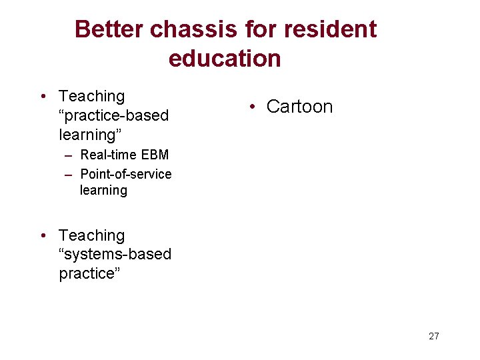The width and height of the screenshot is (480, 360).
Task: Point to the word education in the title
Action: pyautogui.click(x=225, y=59)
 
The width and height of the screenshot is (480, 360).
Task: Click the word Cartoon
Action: pyautogui.click(x=299, y=107)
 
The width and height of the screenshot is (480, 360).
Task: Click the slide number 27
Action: pyautogui.click(x=434, y=336)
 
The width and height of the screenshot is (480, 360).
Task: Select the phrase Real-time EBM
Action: pyautogui.click(x=125, y=155)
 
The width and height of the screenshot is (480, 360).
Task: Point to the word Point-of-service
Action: pyautogui.click(x=126, y=174)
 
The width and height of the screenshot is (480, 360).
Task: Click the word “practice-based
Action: pyautogui.click(x=114, y=115)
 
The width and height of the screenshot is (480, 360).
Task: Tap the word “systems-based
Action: pyautogui.click(x=115, y=254)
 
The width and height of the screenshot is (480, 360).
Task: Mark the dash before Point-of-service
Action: pyautogui.click(x=69, y=175)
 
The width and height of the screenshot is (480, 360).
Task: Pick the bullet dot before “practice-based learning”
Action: pyautogui.click(x=42, y=97)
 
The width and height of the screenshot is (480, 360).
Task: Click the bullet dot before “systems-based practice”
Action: pyautogui.click(x=42, y=235)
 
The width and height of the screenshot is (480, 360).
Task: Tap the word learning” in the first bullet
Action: pyautogui.click(x=90, y=135)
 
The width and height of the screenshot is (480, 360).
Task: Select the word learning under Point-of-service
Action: pyautogui.click(x=103, y=191)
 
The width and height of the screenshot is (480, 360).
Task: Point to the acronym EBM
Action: pyautogui.click(x=155, y=155)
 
